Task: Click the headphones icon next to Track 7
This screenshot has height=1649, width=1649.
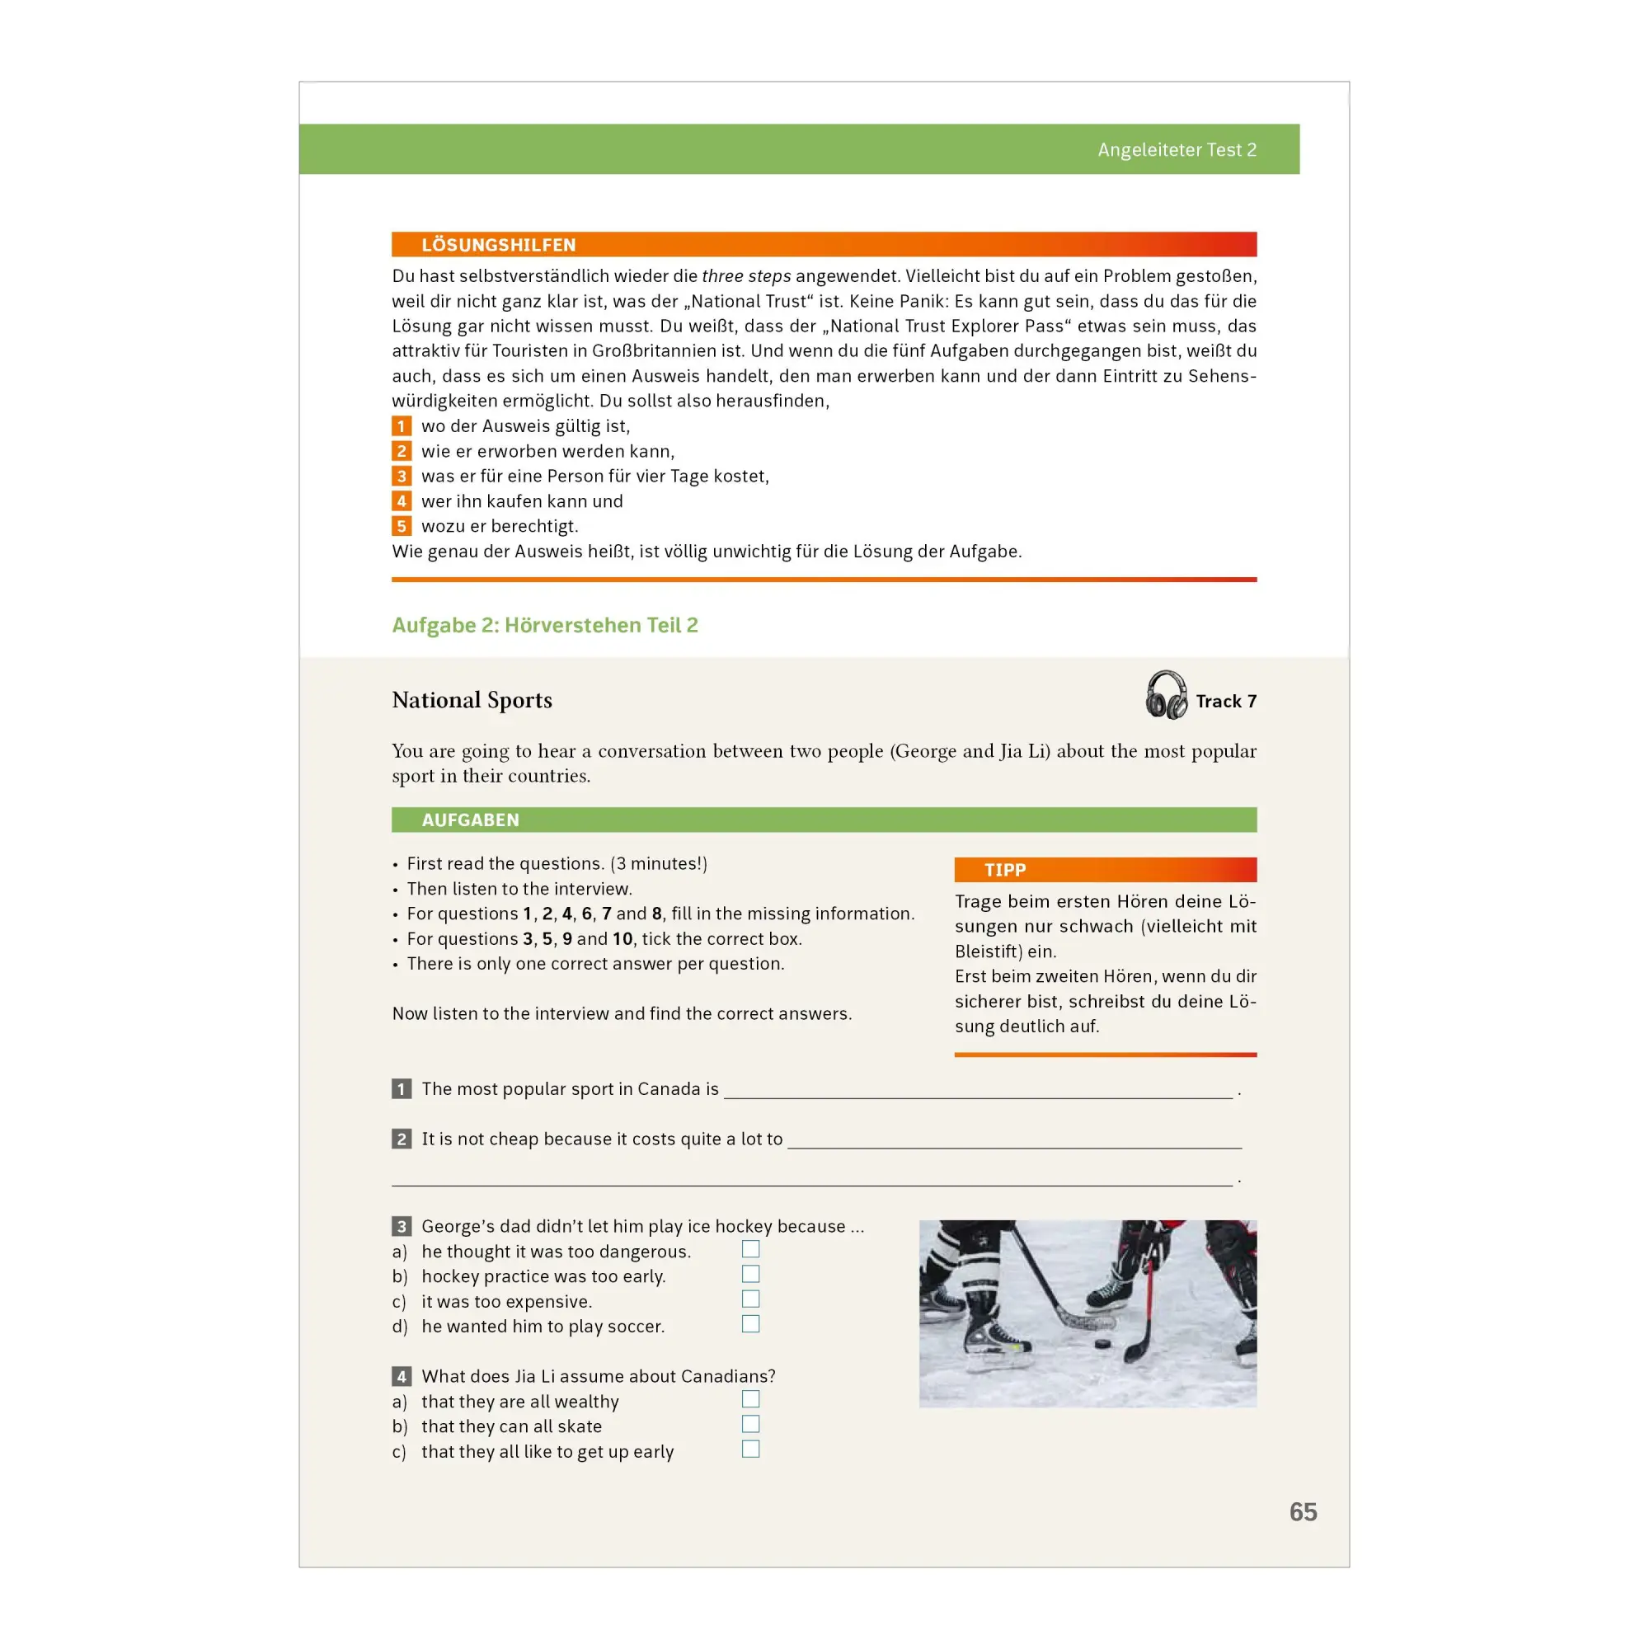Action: tap(1166, 695)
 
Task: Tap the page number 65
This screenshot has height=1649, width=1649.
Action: tap(1304, 1512)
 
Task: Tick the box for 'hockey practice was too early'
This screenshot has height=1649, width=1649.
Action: tap(750, 1274)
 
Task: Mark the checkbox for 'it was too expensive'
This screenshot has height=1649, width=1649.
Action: tap(750, 1299)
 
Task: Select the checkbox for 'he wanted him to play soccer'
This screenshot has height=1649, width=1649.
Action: tap(750, 1324)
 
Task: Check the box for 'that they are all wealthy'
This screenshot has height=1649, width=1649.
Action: tap(750, 1399)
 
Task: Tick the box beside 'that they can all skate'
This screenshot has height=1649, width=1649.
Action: tap(750, 1424)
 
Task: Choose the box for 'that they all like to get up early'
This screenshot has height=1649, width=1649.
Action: tap(750, 1449)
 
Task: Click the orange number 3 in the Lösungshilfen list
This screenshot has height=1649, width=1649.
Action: tap(402, 477)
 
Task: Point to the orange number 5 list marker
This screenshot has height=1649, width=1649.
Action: tap(402, 526)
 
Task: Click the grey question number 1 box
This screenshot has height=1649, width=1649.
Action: tap(402, 1089)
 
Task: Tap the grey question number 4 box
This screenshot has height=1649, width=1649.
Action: tap(402, 1376)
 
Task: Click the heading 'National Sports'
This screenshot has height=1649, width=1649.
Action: tap(472, 701)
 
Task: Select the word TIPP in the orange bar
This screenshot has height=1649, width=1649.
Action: tap(1004, 870)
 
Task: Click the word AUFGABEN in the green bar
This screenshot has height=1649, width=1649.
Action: tap(470, 820)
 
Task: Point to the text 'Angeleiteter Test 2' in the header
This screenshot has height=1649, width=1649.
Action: tap(1177, 150)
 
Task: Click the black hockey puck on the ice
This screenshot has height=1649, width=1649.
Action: tap(1102, 1343)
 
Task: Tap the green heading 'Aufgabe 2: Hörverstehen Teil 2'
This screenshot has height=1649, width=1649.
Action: tap(544, 626)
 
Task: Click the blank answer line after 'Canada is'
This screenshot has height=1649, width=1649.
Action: tap(978, 1097)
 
